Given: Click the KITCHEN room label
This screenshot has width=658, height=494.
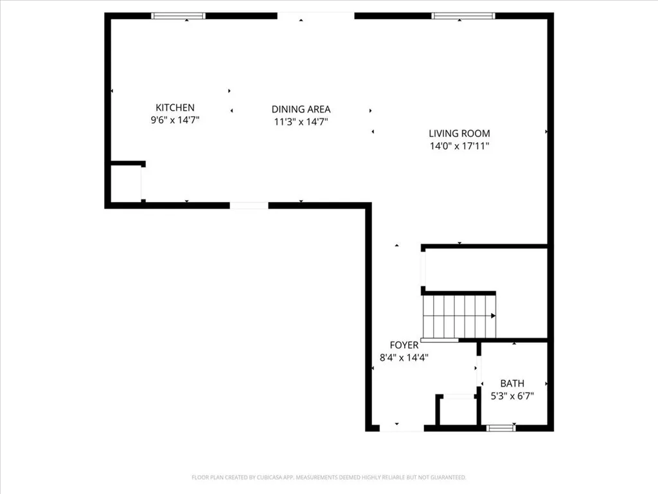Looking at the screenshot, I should [x=175, y=107].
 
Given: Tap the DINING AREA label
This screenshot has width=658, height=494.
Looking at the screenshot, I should [x=301, y=109].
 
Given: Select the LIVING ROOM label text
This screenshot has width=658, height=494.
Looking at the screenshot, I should [x=459, y=134].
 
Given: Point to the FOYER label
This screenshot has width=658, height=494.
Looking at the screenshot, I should [x=404, y=345].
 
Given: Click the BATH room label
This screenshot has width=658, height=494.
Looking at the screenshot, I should [x=512, y=384].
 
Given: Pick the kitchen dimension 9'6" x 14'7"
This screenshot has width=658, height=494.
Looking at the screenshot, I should [x=175, y=120].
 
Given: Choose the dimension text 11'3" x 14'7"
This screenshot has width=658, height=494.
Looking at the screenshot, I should [x=301, y=122].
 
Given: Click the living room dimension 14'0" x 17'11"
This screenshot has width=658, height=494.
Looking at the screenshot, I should [x=459, y=146].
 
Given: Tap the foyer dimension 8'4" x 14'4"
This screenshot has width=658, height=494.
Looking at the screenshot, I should [x=404, y=358].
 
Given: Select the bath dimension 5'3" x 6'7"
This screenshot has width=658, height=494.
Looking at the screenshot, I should [x=512, y=396].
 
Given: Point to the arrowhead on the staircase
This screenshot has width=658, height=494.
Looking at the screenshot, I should [x=493, y=316].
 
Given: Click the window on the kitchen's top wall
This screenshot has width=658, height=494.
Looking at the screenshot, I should [x=178, y=15].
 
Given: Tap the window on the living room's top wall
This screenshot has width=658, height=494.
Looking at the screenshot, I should [x=463, y=15].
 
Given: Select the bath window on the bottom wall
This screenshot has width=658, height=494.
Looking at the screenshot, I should [x=501, y=428].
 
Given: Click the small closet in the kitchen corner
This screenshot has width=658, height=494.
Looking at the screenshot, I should [x=125, y=184].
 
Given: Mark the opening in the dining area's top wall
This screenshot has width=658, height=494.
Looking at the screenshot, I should [x=316, y=15].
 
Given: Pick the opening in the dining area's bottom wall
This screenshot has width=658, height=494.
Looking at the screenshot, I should [x=249, y=206].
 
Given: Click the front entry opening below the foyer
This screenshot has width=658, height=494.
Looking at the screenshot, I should [x=401, y=428].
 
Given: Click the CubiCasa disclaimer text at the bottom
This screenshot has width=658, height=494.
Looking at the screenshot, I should [x=329, y=477].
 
